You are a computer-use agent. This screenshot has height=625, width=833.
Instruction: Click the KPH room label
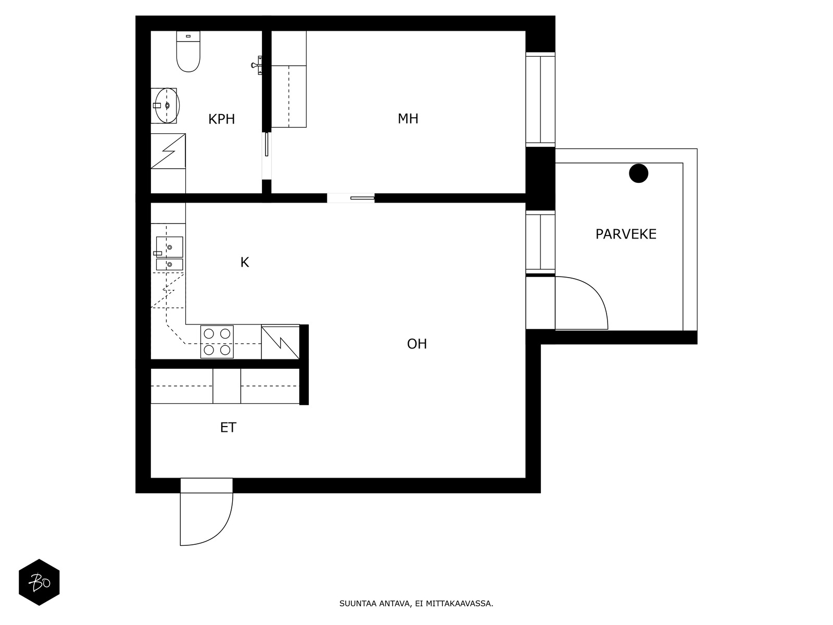(222, 119)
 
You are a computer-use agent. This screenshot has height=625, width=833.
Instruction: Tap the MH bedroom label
(408, 119)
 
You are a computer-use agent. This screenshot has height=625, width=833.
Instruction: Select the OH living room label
(416, 344)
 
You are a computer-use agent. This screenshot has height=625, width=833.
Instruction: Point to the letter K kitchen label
(245, 262)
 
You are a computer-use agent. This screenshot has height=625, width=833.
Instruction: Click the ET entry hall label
(228, 428)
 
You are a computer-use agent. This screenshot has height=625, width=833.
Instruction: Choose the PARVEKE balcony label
(626, 234)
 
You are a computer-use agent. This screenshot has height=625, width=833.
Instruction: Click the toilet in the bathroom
(188, 52)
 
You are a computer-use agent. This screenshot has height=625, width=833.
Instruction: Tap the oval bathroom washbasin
(167, 106)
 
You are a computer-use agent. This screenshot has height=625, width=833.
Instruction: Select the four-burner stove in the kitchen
(217, 342)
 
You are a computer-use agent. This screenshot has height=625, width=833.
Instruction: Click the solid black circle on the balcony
(639, 173)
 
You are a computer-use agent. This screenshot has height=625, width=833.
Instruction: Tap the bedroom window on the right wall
(540, 99)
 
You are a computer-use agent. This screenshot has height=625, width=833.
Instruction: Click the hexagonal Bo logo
(39, 582)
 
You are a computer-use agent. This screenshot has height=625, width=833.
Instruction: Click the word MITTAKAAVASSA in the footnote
(459, 603)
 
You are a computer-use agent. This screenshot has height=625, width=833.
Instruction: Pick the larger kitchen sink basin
(170, 247)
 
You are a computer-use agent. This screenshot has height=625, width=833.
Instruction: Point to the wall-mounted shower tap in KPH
(257, 65)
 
